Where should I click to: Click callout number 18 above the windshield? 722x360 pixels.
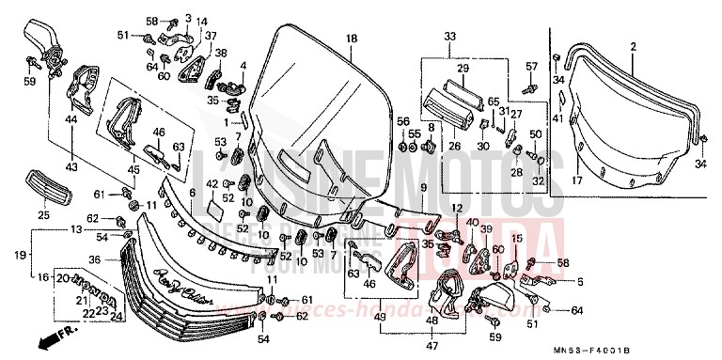pos(351,39)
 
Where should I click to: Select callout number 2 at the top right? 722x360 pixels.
pos(633,46)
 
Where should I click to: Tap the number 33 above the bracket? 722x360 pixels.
pos(449,37)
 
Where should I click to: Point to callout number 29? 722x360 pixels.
pos(463,70)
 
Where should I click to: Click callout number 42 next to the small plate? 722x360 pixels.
pos(212,182)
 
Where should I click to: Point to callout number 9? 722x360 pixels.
pos(424,188)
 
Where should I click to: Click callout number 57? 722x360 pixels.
pos(530,67)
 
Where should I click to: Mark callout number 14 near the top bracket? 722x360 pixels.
pos(202,21)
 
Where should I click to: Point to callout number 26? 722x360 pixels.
pos(454,145)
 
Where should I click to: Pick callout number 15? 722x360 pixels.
pos(515,240)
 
